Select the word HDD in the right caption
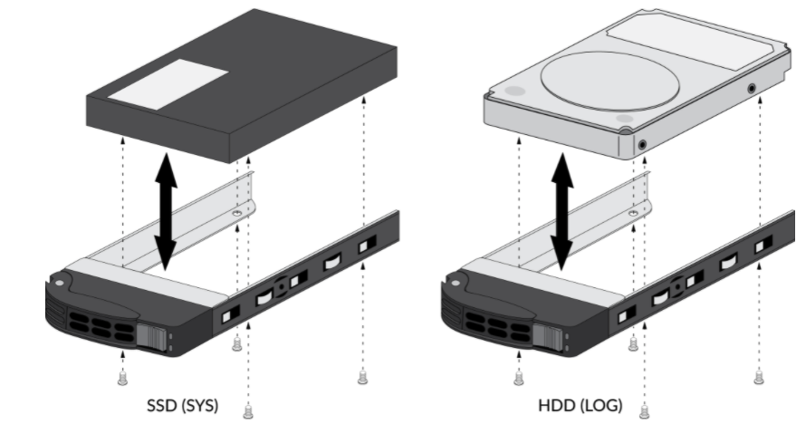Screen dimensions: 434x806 click(554, 405)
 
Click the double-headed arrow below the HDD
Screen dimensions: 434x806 click(562, 211)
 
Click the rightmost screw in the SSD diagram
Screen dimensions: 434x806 click(362, 377)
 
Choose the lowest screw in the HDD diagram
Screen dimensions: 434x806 click(645, 413)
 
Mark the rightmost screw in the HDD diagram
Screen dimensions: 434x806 click(759, 377)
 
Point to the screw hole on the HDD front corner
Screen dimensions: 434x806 click(642, 144)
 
